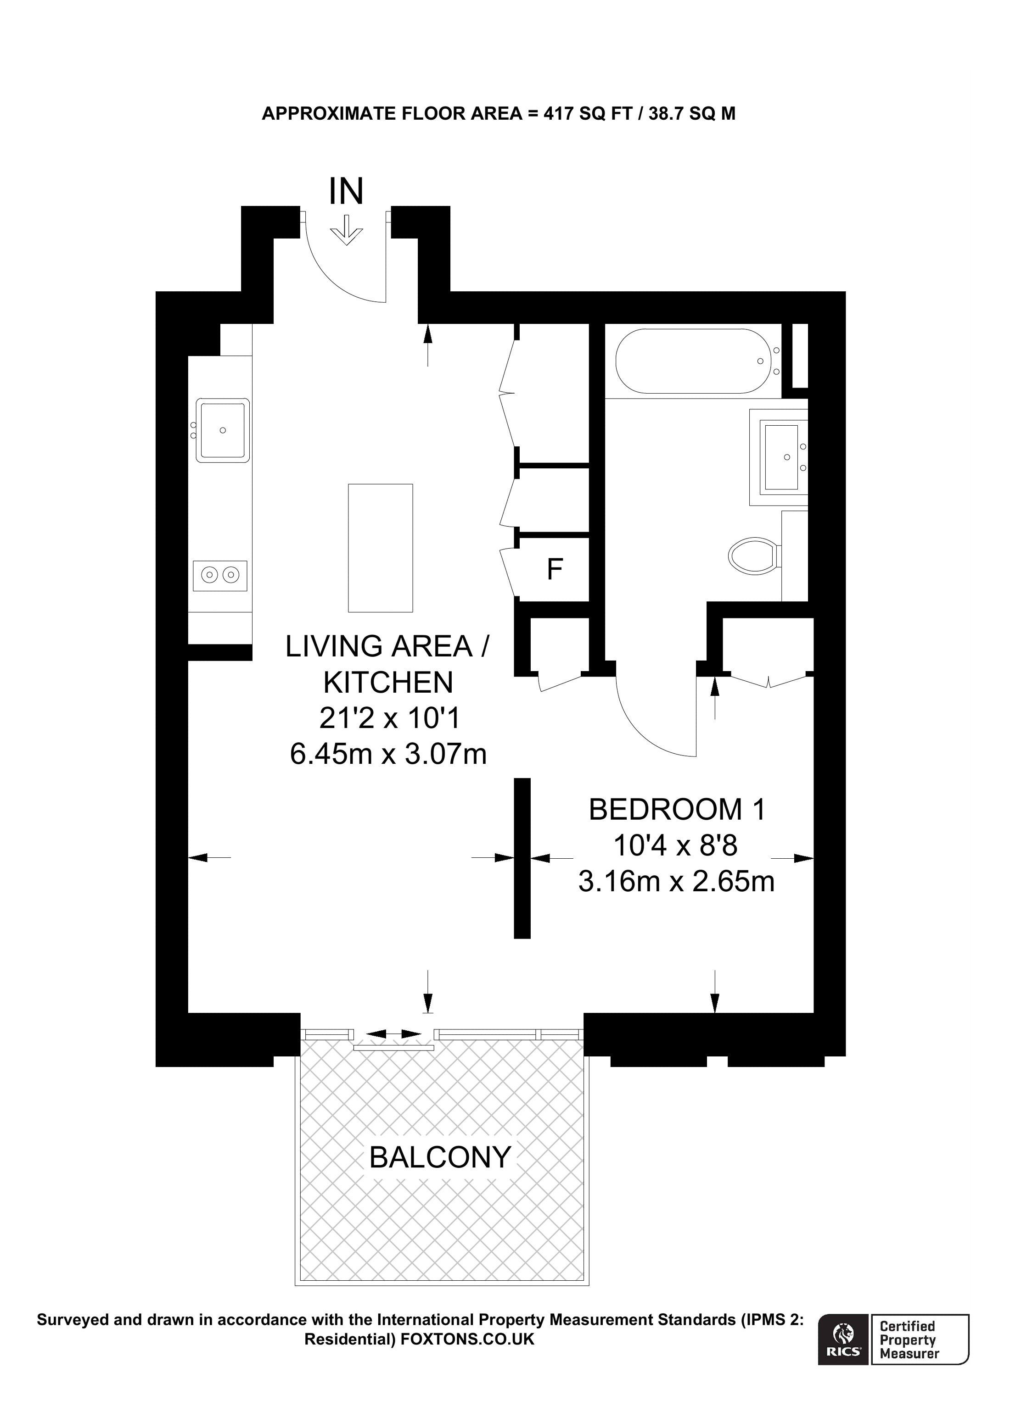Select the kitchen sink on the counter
[x=222, y=430]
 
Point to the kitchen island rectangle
[x=380, y=548]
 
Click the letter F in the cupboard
[x=555, y=569]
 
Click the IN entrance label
[x=346, y=192]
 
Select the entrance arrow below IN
[x=346, y=231]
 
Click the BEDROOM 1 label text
[x=677, y=810]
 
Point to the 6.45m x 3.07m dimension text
[x=388, y=755]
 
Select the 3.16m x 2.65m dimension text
[x=676, y=881]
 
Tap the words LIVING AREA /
[x=387, y=647]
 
